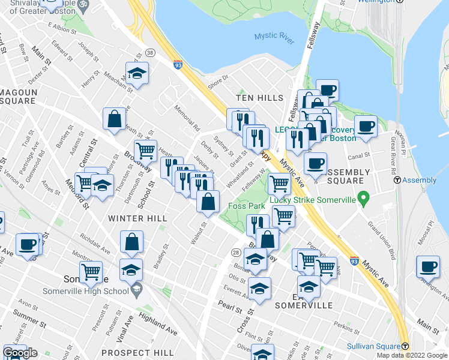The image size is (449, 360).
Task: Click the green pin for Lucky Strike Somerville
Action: [x=363, y=197]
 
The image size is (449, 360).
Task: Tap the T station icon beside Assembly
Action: [x=396, y=180]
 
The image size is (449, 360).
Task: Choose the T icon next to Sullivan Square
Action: [x=405, y=346]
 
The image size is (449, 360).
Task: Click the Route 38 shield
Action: [x=149, y=53]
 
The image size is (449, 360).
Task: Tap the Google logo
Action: [x=20, y=352]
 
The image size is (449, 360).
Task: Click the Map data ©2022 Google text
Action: [x=412, y=355]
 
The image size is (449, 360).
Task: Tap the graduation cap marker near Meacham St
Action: [x=137, y=74]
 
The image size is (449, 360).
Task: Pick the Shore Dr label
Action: [x=218, y=78]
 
